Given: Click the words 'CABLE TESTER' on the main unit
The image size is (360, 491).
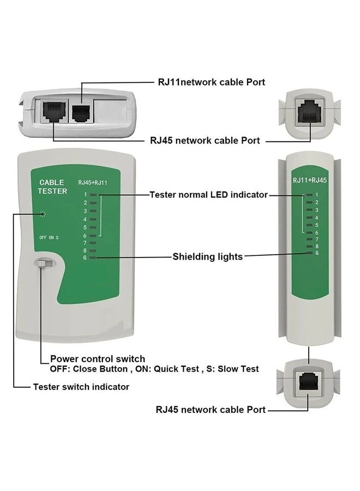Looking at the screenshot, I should point(52,187).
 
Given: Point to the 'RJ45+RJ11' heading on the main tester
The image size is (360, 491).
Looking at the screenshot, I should point(92,183).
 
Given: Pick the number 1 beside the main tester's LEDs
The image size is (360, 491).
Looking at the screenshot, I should point(85,194).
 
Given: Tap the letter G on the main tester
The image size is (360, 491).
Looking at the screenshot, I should point(85,258).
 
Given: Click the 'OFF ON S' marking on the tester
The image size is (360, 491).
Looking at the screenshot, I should point(49,237).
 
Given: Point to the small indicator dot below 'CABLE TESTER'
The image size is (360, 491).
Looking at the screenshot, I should point(40,214).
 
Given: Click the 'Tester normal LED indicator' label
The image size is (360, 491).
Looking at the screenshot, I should point(208,194).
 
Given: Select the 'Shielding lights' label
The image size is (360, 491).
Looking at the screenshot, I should point(207,256).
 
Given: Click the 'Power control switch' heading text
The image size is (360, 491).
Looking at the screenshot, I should point(98,358).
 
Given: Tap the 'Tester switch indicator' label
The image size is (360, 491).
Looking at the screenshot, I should point(81,386).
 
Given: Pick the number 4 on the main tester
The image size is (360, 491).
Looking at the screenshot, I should point(85,219).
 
